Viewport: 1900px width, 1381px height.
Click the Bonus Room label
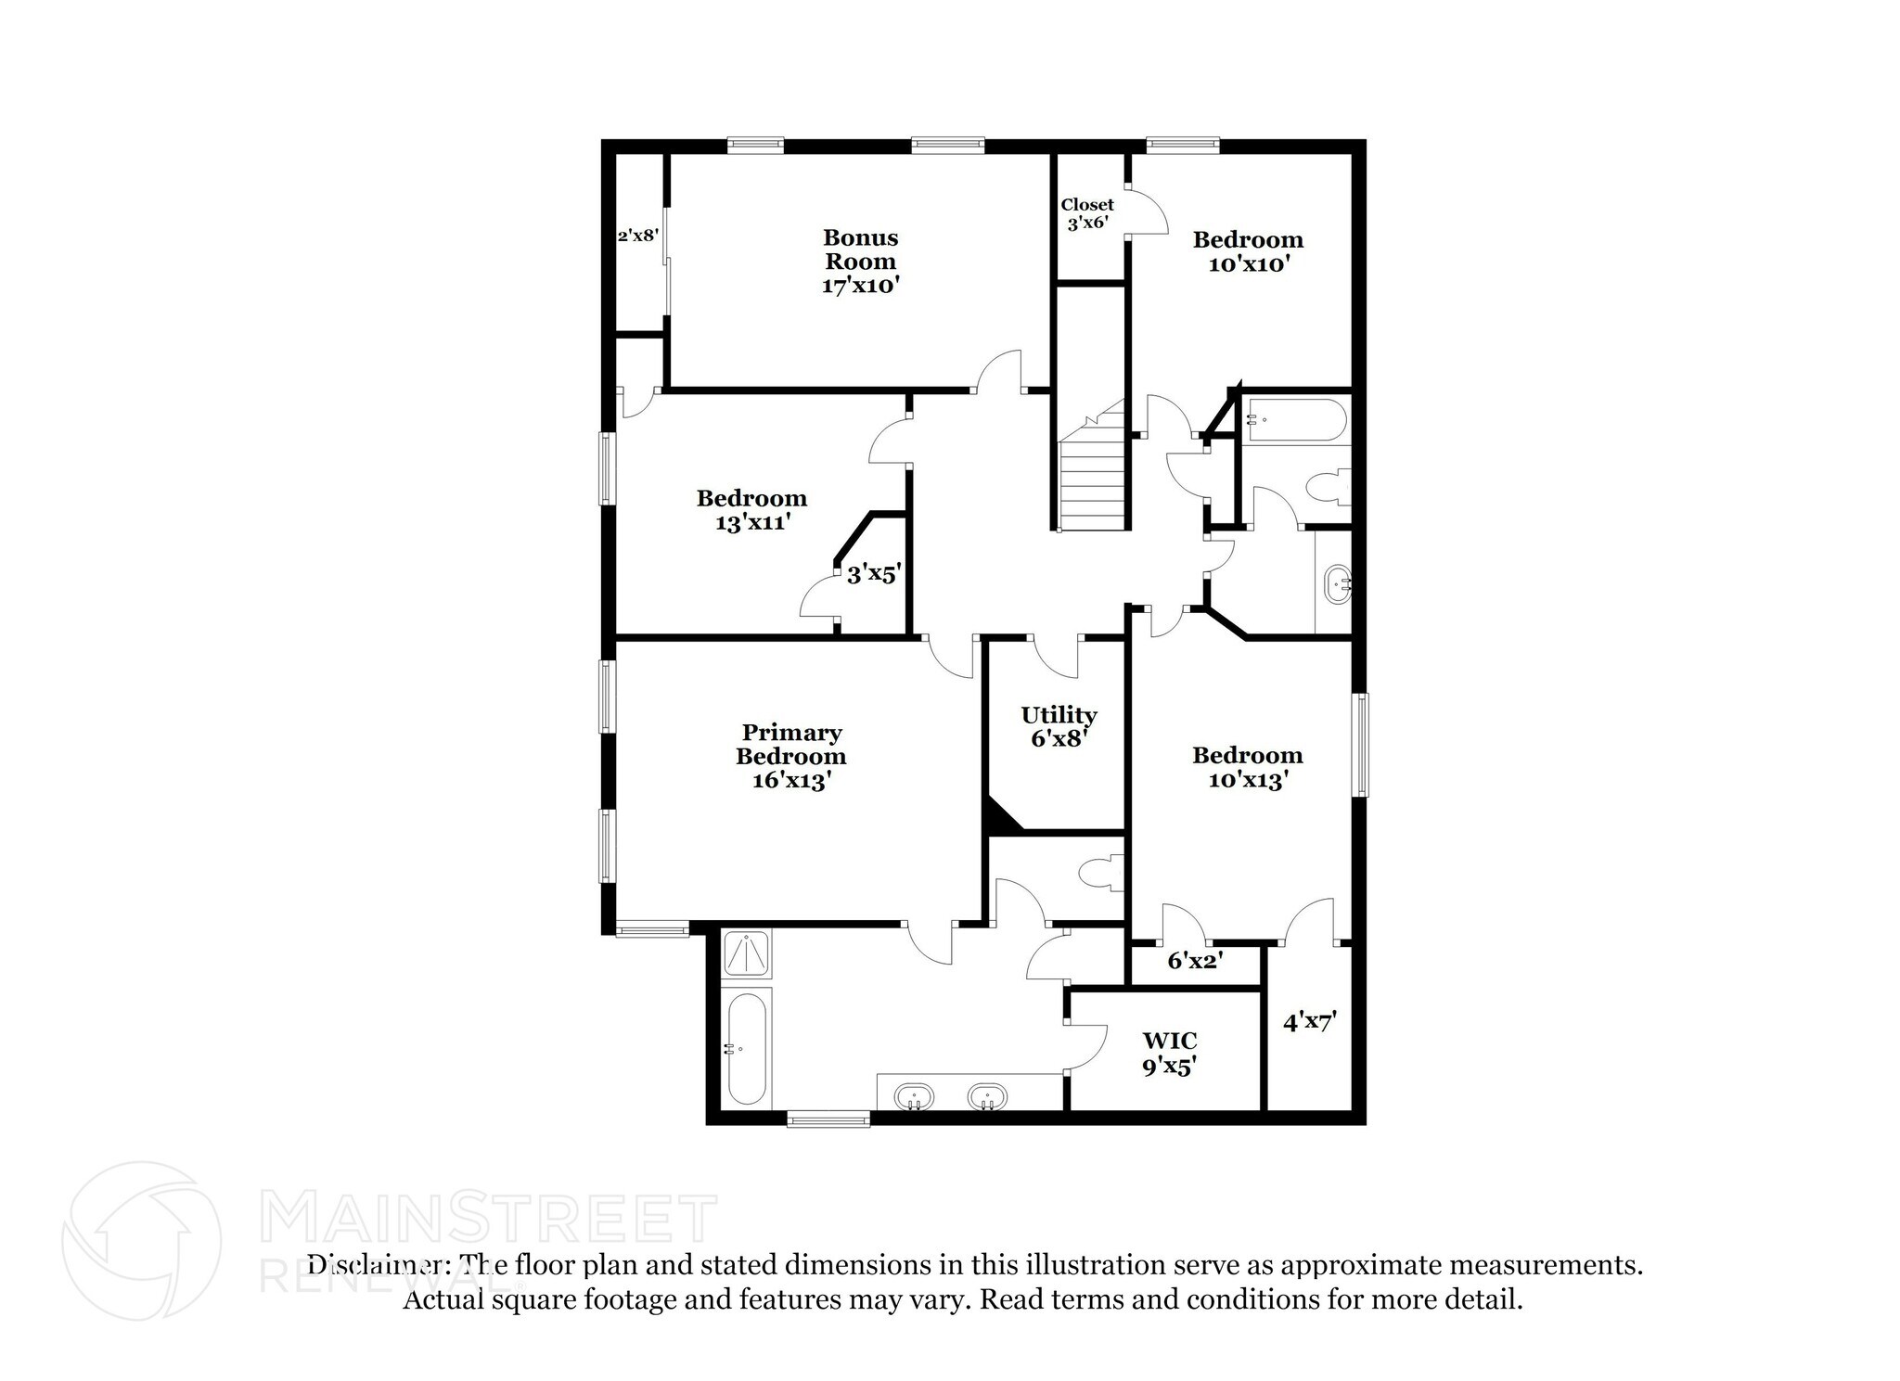(x=860, y=261)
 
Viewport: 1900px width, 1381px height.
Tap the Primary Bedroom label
(x=790, y=756)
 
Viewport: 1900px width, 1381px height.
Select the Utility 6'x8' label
(x=1059, y=726)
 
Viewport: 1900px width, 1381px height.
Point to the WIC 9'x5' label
(x=1168, y=1054)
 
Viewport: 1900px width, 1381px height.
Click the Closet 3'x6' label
(x=1087, y=213)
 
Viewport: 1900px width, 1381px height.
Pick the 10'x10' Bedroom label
(x=1248, y=251)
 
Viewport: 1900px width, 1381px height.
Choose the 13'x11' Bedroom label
(x=751, y=510)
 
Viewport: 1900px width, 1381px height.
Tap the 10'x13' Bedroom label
(x=1248, y=767)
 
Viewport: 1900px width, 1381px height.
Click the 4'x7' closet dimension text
(x=1310, y=1022)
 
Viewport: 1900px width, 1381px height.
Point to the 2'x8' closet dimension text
(x=638, y=236)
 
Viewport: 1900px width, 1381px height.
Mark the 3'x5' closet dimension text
(x=873, y=575)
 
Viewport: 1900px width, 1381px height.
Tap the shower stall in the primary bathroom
(x=746, y=953)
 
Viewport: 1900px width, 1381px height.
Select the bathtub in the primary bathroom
(x=745, y=1049)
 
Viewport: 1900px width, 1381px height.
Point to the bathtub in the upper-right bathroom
(x=1295, y=420)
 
